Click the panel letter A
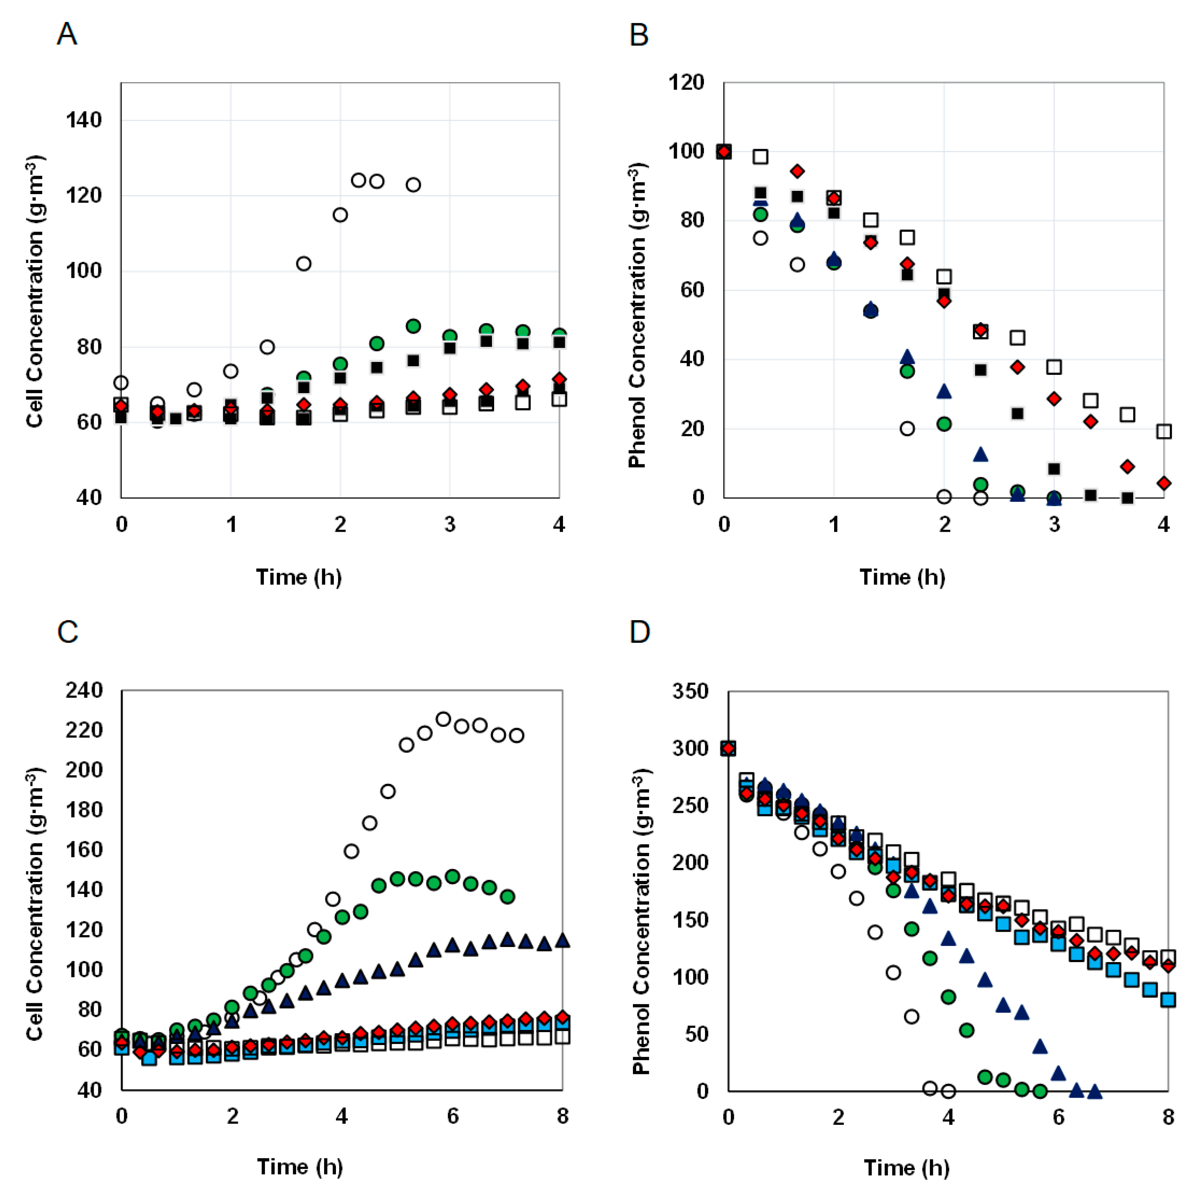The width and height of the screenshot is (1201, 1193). tap(67, 34)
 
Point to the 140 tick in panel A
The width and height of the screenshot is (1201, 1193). tap(84, 120)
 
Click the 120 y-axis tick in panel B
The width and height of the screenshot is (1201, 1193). tap(686, 82)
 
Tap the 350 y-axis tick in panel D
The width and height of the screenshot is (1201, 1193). tap(690, 691)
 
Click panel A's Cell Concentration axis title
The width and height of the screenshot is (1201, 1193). tap(35, 291)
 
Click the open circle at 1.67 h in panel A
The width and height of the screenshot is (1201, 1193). tap(303, 264)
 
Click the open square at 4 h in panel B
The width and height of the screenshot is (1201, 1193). tap(1164, 431)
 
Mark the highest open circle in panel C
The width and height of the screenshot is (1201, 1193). tap(443, 719)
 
